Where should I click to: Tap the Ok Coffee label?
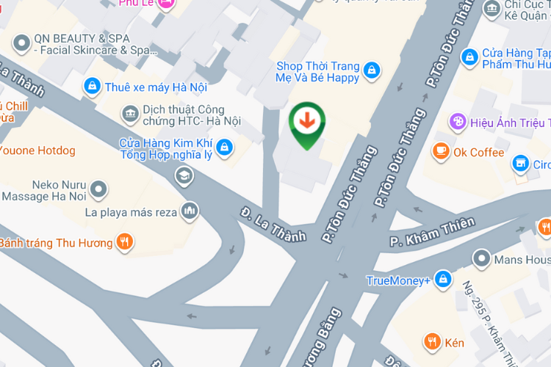tap(478, 153)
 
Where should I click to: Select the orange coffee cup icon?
tap(441, 151)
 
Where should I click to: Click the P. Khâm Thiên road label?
tap(433, 231)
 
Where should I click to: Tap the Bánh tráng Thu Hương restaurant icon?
tap(125, 241)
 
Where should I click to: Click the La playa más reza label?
tap(131, 213)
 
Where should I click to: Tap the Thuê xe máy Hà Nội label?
tap(156, 87)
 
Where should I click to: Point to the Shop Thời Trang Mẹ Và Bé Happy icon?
tap(372, 70)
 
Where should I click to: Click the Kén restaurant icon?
tap(432, 341)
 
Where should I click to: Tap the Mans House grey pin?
tap(481, 258)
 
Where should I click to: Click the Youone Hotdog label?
tap(37, 151)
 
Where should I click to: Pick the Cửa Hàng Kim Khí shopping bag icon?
tap(225, 148)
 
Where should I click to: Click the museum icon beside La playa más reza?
tap(190, 211)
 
